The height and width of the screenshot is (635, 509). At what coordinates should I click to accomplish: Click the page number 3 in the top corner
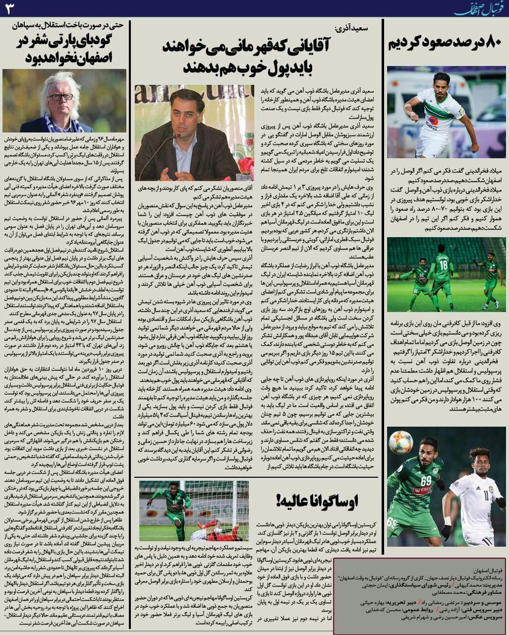(x=9, y=8)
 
